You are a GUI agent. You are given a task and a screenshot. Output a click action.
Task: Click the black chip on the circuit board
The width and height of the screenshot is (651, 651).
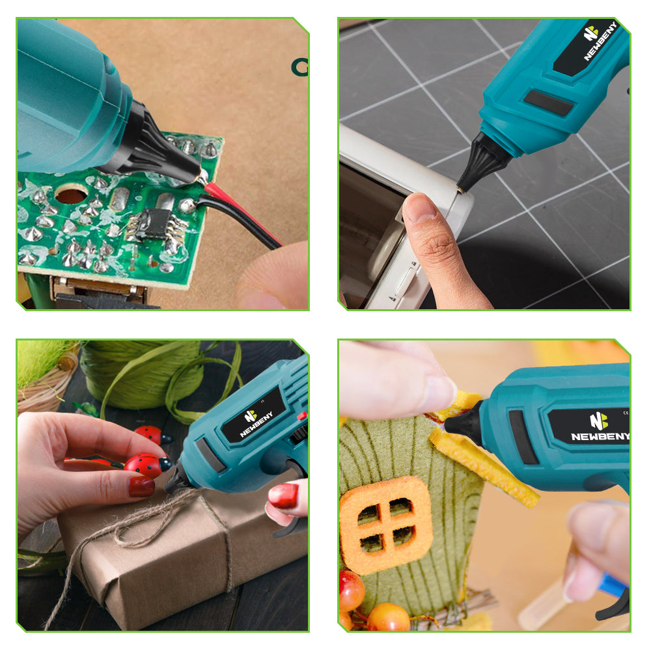point(154,224)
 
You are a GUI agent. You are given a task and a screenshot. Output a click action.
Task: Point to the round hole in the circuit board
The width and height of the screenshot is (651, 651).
point(71,194)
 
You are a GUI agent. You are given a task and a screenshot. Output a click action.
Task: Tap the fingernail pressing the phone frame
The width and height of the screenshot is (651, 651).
point(419,207)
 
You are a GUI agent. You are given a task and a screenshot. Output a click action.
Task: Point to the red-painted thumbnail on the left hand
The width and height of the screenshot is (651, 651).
point(141,486)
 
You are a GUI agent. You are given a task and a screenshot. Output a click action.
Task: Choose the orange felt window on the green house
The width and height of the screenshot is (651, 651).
point(385,525)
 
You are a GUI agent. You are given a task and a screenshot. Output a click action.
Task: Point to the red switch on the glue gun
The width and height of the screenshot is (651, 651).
point(302,415)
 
